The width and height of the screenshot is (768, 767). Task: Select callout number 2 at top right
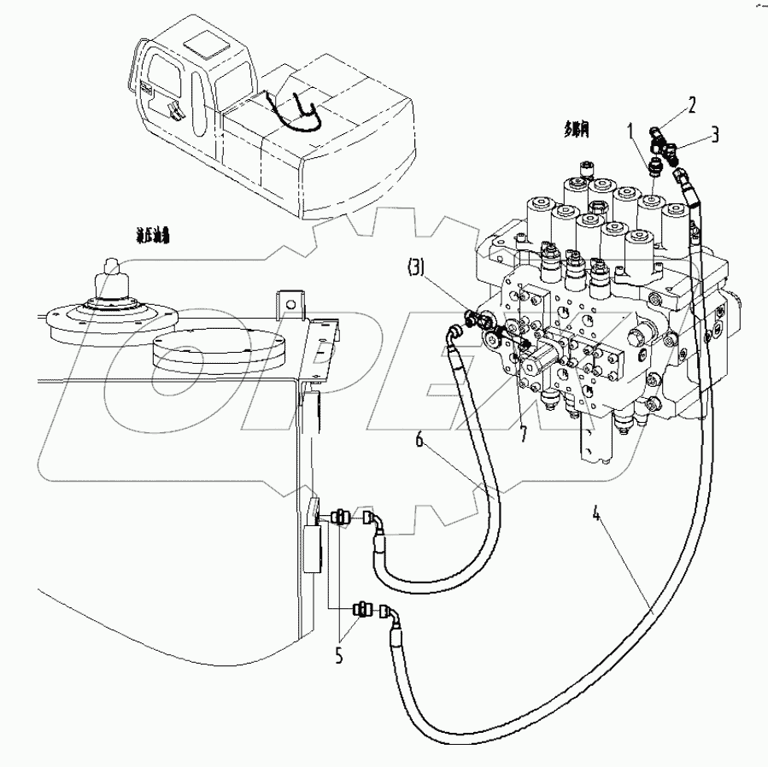pos(692,105)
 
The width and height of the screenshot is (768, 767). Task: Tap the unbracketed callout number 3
pos(715,134)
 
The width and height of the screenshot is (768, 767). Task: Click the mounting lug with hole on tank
pos(290,304)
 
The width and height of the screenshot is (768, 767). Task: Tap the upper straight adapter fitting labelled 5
pos(340,516)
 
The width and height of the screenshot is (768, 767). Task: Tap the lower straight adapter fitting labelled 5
pos(362,610)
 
